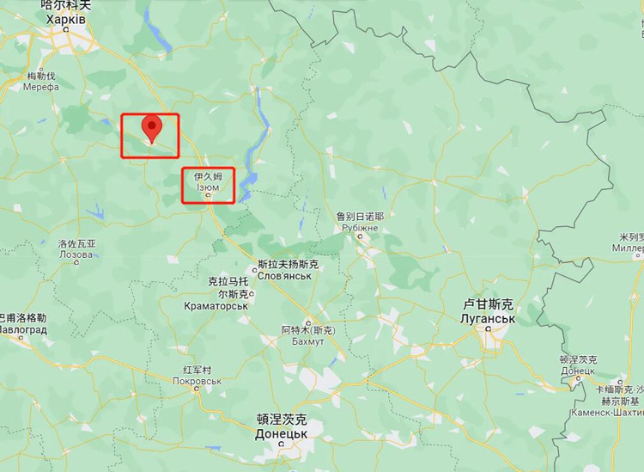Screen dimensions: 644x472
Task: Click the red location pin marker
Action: (x=152, y=127)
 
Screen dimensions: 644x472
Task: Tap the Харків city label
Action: (x=65, y=19)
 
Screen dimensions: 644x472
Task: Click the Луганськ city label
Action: (x=488, y=319)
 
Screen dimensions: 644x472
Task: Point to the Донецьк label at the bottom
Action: (x=282, y=434)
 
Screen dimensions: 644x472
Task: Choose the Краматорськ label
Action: (x=216, y=306)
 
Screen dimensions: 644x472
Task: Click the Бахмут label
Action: (x=308, y=341)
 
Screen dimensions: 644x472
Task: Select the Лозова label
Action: (x=76, y=254)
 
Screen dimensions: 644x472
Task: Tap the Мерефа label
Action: (x=41, y=87)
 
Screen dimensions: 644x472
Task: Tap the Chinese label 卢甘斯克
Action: (x=488, y=304)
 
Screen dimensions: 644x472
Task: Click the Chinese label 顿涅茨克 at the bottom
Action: (x=282, y=420)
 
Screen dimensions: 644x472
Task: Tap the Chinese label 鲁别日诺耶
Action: (x=360, y=217)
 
